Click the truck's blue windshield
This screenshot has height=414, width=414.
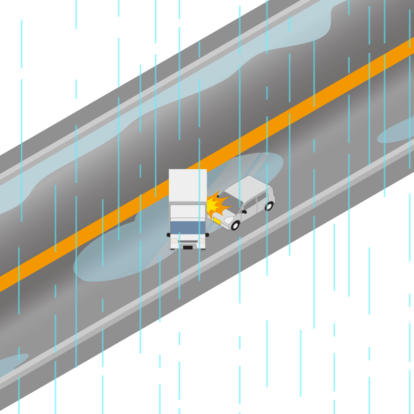pos(188,228)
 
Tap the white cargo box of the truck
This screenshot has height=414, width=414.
pos(187,186)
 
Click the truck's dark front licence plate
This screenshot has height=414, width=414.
pos(187,247)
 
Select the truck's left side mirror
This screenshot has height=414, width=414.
pos(169,234)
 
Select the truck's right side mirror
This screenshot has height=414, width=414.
pos(206,234)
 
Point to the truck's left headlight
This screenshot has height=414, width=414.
pos(174,241)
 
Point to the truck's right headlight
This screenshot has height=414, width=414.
pos(201,241)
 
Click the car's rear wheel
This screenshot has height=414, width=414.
pos(269,206)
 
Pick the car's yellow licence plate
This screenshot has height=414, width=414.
pos(216,220)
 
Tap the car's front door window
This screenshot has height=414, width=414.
pos(250,205)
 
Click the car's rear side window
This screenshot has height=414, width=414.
pos(263,197)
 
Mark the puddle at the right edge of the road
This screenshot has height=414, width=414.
pos(398,132)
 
